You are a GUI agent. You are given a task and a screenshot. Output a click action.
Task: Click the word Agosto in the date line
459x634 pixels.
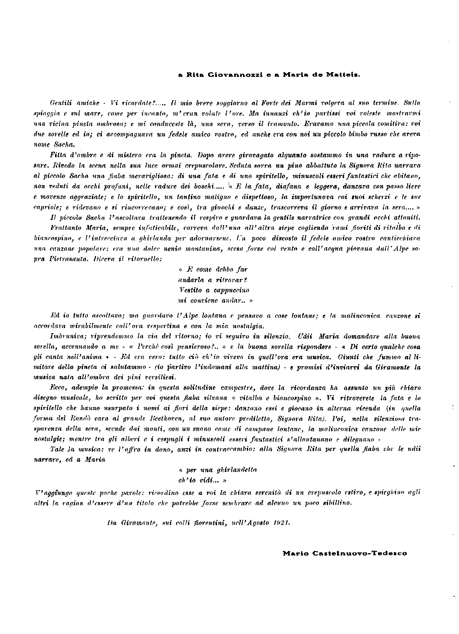[259, 522]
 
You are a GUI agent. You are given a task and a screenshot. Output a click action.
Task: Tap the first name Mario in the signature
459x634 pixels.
[293, 553]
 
